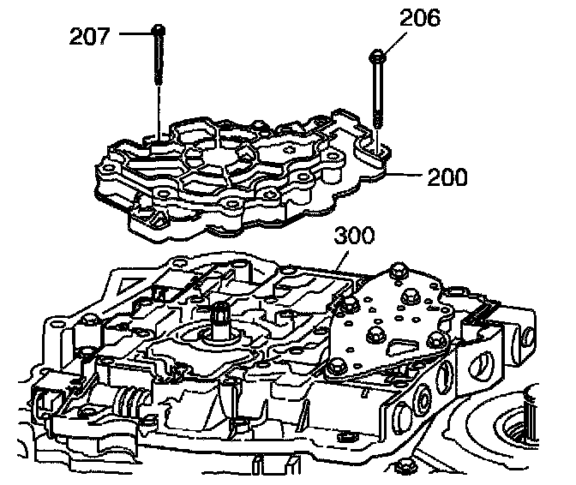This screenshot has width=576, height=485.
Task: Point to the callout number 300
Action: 353,235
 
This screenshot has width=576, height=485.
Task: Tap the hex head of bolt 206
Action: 379,57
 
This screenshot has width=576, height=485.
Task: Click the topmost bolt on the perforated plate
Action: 397,272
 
